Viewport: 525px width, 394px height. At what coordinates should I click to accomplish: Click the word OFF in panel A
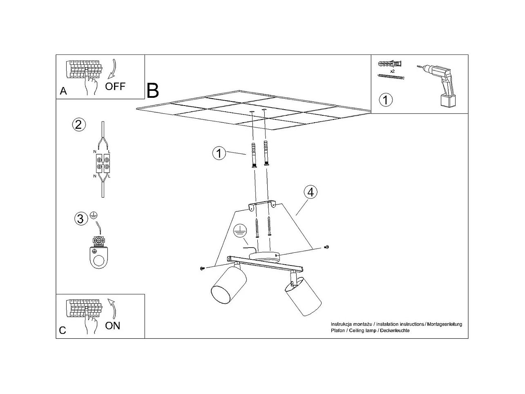115,86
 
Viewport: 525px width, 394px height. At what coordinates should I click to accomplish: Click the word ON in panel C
112,326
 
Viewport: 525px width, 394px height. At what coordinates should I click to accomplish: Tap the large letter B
152,91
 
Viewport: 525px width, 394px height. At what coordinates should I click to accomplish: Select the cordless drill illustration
436,85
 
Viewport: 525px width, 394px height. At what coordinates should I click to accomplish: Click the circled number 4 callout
311,192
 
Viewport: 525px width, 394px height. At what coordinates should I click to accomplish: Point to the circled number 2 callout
78,124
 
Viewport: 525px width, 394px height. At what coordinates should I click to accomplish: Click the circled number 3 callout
80,219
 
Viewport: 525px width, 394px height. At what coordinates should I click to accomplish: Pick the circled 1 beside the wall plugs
219,153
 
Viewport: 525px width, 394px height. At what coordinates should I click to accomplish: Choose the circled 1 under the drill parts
386,99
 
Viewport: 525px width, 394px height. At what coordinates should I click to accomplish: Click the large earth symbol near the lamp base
240,233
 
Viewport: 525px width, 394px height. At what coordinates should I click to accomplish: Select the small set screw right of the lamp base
326,247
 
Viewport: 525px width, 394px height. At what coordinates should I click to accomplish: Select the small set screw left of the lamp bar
202,268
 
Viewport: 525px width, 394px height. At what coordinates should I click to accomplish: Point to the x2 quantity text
392,71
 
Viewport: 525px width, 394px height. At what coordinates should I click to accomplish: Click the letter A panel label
63,91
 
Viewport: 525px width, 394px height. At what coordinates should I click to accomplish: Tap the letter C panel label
63,331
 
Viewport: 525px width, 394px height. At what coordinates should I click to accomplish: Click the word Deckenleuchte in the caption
395,331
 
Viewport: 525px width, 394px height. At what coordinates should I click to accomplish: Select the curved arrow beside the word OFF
111,70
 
